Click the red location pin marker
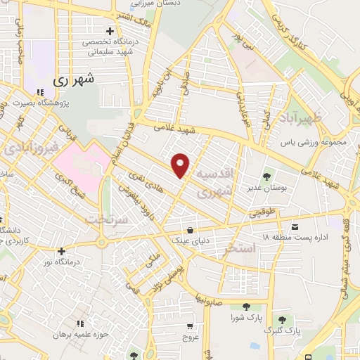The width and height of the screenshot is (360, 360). pyautogui.click(x=181, y=165)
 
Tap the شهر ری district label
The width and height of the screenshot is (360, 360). pyautogui.click(x=73, y=80)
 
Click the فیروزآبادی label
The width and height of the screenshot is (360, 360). pyautogui.click(x=21, y=148)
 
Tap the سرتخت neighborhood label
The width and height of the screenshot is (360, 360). pyautogui.click(x=105, y=219)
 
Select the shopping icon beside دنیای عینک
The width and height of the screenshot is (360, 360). pyautogui.click(x=190, y=229)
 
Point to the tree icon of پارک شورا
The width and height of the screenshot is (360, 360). pyautogui.click(x=247, y=306)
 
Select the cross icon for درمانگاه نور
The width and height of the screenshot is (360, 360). pyautogui.click(x=62, y=251)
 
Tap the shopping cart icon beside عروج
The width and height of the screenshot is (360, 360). pyautogui.click(x=191, y=326)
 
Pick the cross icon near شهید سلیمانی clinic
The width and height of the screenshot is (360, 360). pyautogui.click(x=109, y=31)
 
